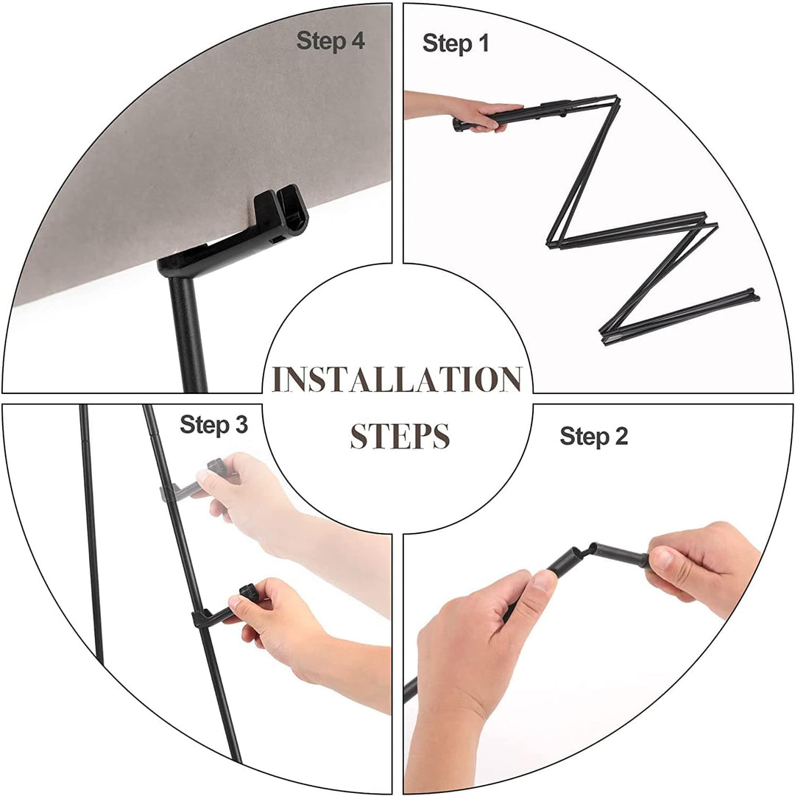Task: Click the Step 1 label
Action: [456, 43]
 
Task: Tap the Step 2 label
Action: [593, 436]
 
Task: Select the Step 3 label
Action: [213, 424]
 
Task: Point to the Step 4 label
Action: [331, 40]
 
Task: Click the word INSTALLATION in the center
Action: [397, 378]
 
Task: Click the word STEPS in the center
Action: [400, 436]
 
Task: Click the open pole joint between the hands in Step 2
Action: [588, 551]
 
